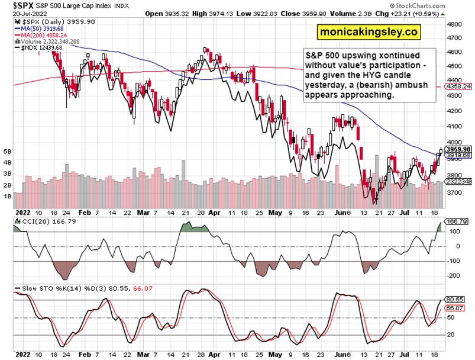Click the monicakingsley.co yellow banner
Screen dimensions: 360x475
coord(368,33)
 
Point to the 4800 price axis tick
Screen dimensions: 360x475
coord(455,25)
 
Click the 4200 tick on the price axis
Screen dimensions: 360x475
coord(455,111)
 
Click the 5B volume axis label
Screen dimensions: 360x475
coord(7,152)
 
